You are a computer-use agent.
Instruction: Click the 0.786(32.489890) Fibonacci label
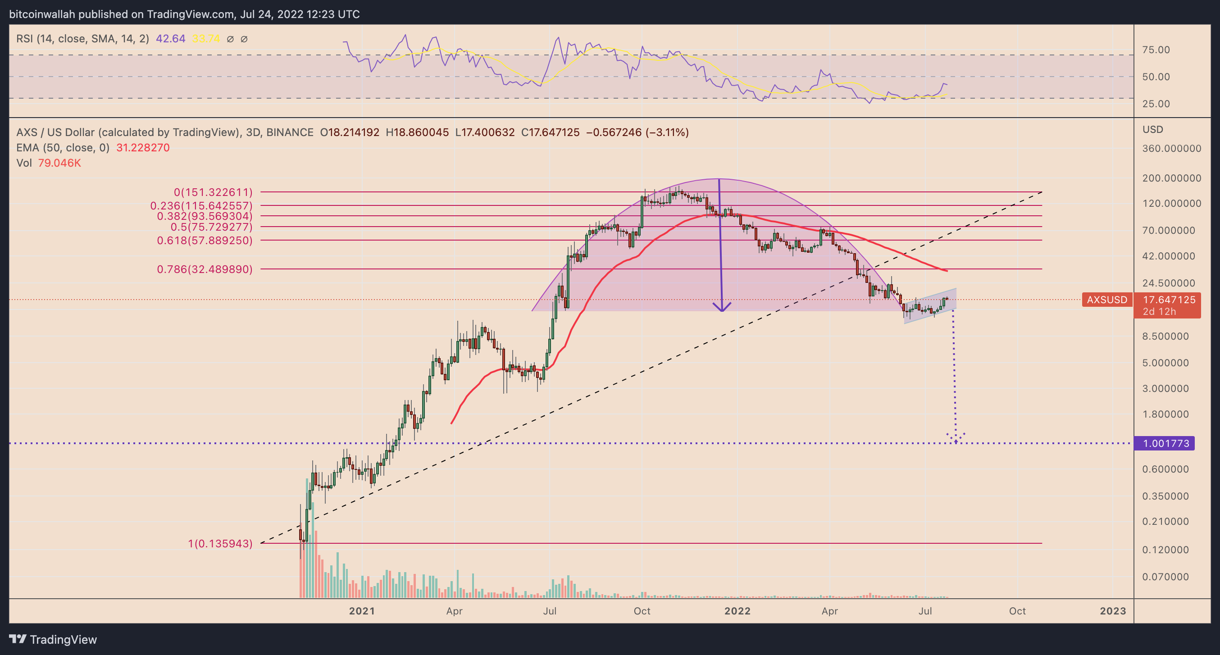(x=205, y=269)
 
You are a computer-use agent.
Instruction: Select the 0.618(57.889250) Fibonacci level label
(x=205, y=241)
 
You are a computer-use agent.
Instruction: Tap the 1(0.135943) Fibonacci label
(x=220, y=544)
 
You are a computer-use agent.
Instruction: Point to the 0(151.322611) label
(x=213, y=192)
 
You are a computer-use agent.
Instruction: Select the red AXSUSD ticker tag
(x=1107, y=300)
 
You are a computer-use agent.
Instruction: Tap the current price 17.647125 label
(x=1169, y=300)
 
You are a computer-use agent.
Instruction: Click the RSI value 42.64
(x=170, y=39)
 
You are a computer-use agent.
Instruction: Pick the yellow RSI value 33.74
(x=205, y=39)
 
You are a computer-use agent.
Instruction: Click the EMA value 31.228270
(x=142, y=148)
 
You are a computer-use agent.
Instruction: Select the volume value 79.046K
(x=59, y=163)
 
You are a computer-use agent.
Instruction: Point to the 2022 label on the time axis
(x=737, y=611)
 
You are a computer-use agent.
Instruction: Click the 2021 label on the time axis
(x=362, y=611)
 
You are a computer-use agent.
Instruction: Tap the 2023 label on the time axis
(x=1112, y=611)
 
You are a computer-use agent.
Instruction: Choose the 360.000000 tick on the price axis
(x=1171, y=149)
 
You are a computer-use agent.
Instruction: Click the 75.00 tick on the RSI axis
(x=1156, y=50)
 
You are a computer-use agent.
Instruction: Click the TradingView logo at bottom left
(x=53, y=639)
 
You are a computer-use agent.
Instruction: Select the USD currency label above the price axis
(x=1152, y=129)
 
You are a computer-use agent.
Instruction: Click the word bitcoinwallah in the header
(x=42, y=14)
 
